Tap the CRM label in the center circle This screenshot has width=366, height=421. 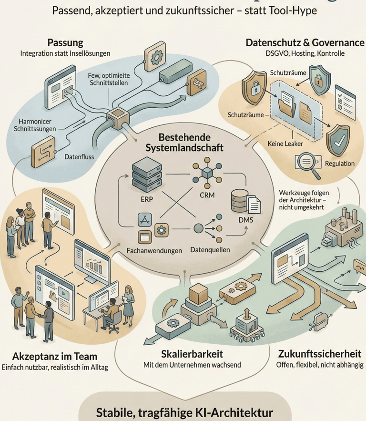click(x=206, y=195)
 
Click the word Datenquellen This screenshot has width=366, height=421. click(x=210, y=250)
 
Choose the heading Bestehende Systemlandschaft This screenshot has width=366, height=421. click(x=184, y=142)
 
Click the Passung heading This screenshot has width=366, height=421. click(x=65, y=42)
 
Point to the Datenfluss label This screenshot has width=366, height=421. click(x=80, y=155)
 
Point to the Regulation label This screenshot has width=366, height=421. click(x=340, y=164)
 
